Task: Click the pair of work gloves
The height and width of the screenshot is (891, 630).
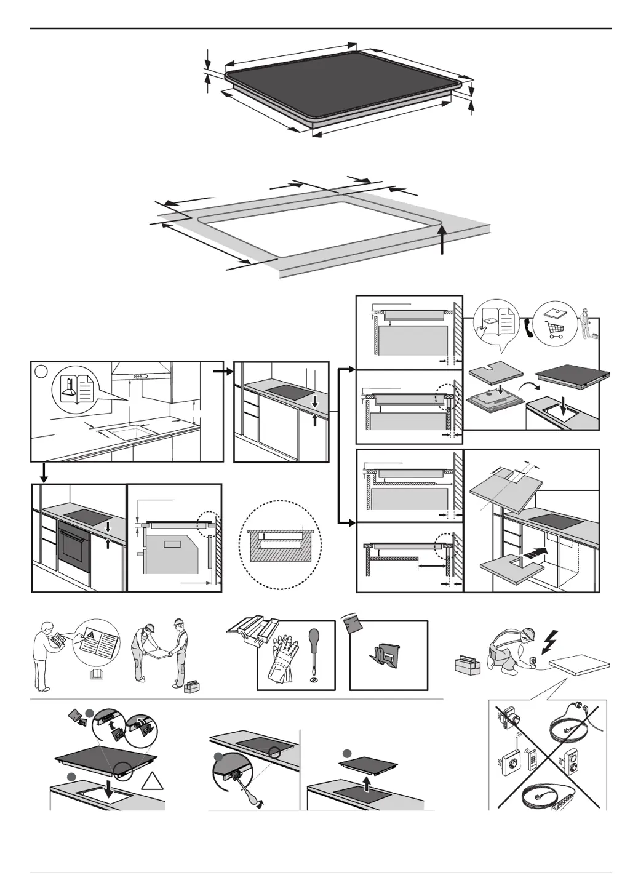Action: pyautogui.click(x=284, y=658)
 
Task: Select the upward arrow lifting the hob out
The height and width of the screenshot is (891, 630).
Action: pyautogui.click(x=368, y=783)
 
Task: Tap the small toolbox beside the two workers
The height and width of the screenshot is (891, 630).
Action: pyautogui.click(x=192, y=686)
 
